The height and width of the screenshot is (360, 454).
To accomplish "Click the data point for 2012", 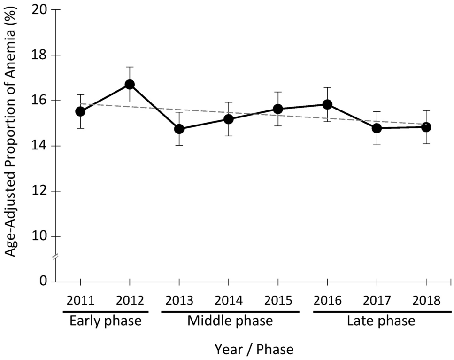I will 130,85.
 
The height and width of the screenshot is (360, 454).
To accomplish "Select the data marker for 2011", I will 80,111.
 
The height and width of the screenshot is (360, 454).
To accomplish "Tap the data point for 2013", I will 179,129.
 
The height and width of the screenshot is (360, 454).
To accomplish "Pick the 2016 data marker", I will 327,104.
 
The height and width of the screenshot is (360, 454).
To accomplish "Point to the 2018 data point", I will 426,127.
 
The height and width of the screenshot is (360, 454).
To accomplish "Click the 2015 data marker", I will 277,109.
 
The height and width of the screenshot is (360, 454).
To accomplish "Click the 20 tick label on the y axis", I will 41,10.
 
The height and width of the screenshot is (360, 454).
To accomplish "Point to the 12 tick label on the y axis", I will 41,191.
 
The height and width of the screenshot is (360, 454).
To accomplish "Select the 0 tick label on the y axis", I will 44,282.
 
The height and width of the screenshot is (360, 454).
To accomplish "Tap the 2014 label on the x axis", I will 228,299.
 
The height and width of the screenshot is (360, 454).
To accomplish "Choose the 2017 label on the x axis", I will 377,299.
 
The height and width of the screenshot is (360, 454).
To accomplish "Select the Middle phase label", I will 230,321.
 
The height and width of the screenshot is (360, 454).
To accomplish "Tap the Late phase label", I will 381,321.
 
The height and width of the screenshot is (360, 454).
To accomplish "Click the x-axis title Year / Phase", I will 254,349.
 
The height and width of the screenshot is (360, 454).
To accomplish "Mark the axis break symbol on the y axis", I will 55,257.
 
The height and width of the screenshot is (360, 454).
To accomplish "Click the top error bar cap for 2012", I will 130,67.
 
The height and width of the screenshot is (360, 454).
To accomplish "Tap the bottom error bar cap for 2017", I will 377,145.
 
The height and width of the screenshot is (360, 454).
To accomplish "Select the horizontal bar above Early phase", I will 105,311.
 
